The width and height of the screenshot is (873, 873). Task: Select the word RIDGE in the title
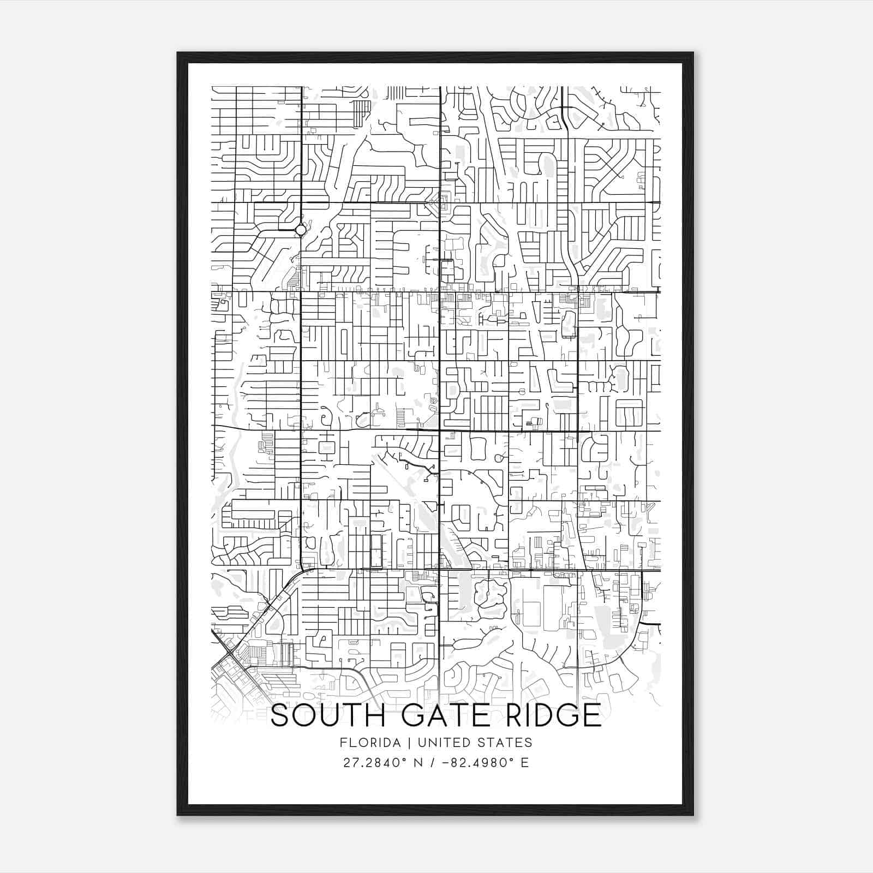coord(553,715)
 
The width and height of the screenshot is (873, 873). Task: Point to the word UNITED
coord(443,743)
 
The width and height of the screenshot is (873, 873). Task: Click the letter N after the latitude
coord(419,762)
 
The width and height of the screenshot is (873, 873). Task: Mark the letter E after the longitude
coord(525,762)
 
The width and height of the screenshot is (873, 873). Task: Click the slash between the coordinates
coord(433,762)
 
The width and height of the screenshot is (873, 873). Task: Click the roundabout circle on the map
coord(301,230)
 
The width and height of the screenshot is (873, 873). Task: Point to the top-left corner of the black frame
coord(178,53)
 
